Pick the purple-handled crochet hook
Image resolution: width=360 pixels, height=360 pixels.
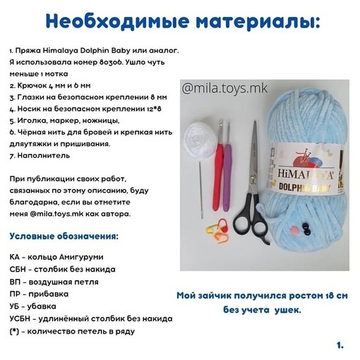(227, 167)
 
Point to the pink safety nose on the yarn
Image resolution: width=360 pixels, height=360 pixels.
(294, 229)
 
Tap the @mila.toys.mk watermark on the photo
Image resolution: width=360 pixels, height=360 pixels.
(224, 89)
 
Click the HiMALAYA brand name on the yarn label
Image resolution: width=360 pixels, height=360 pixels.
(305, 174)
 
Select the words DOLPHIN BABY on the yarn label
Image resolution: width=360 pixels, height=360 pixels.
(305, 187)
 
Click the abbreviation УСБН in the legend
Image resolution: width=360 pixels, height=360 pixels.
(20, 319)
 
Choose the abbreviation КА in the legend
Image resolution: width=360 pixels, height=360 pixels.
(15, 257)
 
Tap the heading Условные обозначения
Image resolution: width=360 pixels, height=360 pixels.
(64, 236)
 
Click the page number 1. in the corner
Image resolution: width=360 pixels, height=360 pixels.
(340, 345)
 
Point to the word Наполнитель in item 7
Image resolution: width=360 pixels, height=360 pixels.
(44, 155)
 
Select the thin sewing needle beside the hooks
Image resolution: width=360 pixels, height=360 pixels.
(200, 190)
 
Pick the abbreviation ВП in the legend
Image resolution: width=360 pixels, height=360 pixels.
(15, 282)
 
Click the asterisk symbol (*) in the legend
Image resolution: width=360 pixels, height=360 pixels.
(14, 332)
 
